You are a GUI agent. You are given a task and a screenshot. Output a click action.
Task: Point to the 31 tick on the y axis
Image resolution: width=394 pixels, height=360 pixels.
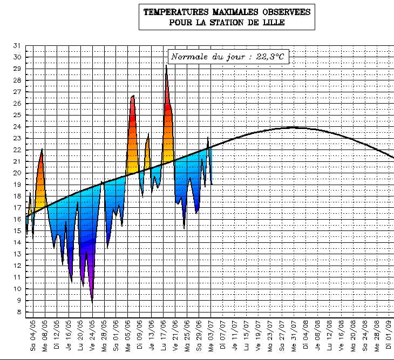click(x=16, y=45)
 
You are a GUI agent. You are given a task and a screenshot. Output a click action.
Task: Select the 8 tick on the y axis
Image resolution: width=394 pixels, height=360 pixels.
click(x=18, y=312)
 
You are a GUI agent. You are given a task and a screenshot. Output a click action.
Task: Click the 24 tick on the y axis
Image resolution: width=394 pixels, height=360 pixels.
click(x=16, y=126)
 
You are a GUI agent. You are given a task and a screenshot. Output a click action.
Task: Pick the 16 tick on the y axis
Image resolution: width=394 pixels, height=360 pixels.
click(x=16, y=219)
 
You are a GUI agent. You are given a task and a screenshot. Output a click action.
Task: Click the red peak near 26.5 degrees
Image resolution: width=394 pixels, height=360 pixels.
click(x=133, y=97)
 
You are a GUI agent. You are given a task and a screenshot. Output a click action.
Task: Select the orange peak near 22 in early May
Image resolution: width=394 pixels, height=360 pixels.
click(x=42, y=150)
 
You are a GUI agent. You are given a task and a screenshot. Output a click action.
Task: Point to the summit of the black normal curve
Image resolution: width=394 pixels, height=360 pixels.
click(x=292, y=127)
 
